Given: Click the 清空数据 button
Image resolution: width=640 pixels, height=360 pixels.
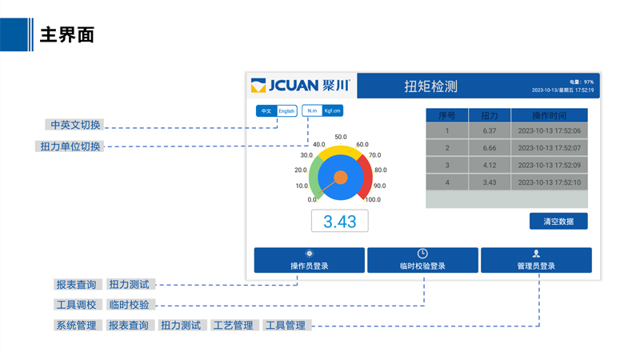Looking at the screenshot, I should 558,221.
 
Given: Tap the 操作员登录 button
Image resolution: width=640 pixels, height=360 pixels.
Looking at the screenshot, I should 309,261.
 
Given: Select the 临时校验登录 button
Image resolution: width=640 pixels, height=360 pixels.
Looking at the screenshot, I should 422,261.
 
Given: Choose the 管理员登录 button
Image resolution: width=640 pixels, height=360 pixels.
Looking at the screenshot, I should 536,261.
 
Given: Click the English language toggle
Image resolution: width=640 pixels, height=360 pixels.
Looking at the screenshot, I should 287,110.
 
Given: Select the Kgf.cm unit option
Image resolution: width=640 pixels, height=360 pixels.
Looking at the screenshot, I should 332,110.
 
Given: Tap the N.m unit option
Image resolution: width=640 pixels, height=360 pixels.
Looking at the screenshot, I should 312,110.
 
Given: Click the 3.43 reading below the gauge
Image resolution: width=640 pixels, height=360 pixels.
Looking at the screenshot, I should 340,222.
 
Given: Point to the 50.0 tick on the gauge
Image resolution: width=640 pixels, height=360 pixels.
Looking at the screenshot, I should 340,137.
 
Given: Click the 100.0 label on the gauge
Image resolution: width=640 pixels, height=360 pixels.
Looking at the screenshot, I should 373,200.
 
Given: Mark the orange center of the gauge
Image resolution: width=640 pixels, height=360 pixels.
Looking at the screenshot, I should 340,177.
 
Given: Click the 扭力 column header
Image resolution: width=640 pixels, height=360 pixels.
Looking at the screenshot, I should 490,116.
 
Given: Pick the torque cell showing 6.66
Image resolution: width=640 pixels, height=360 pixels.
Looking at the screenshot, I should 490,148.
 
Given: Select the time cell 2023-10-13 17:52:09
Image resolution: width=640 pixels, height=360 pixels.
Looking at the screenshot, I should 549,166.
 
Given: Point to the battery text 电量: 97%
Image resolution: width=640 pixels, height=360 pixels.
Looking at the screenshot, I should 582,82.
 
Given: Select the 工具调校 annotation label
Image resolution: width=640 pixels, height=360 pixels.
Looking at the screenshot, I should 76,305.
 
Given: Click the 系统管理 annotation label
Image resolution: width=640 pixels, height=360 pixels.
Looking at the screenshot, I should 76,326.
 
